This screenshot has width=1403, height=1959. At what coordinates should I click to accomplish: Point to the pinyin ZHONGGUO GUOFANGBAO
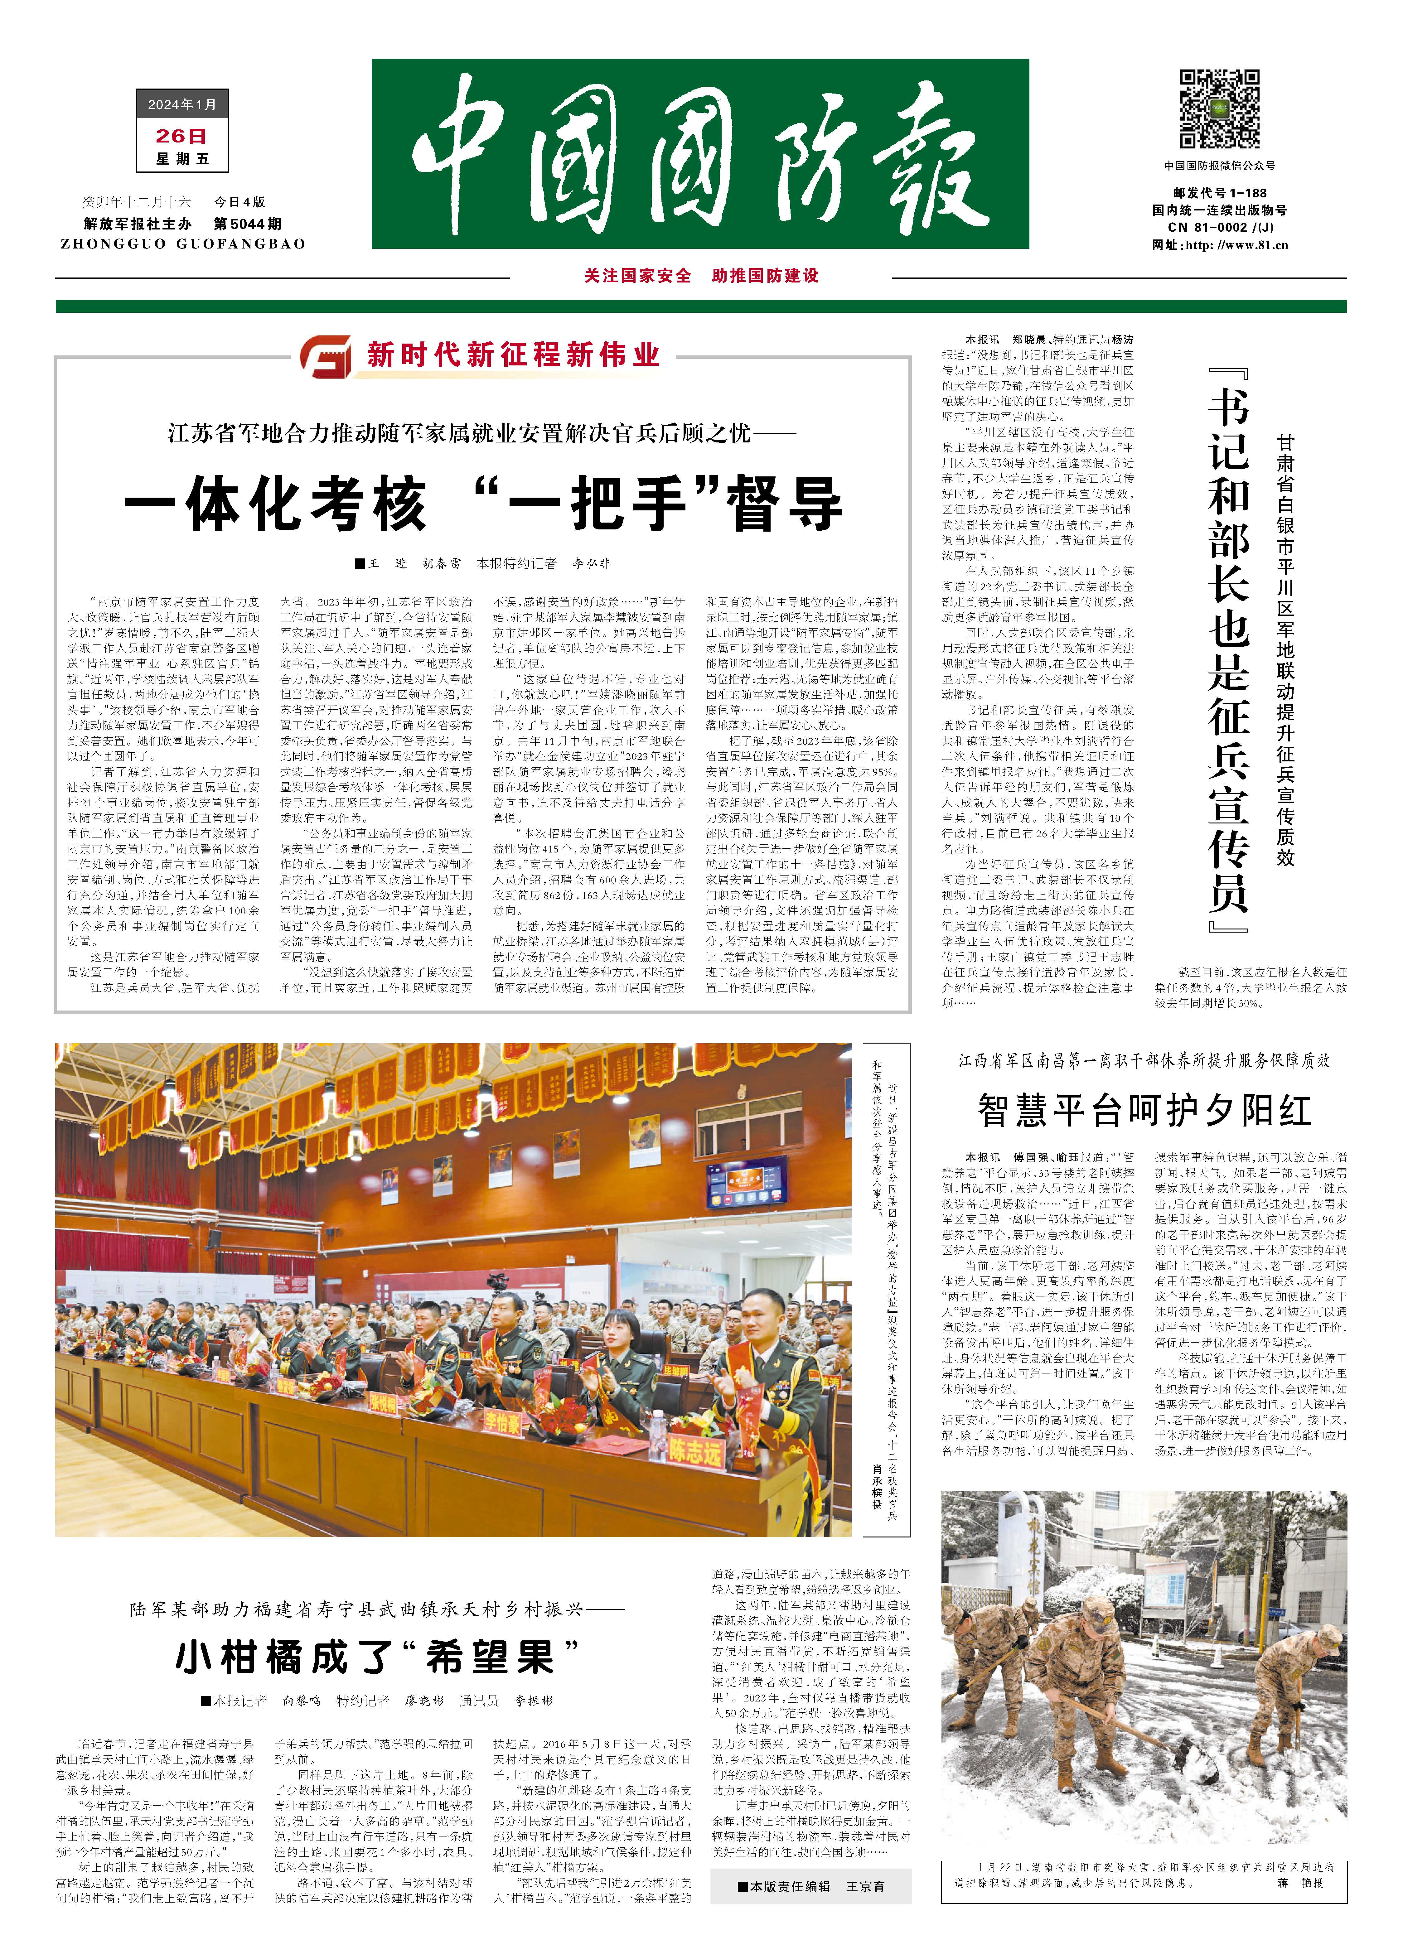[x=183, y=244]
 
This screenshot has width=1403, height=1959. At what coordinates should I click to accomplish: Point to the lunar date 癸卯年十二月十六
[x=137, y=202]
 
